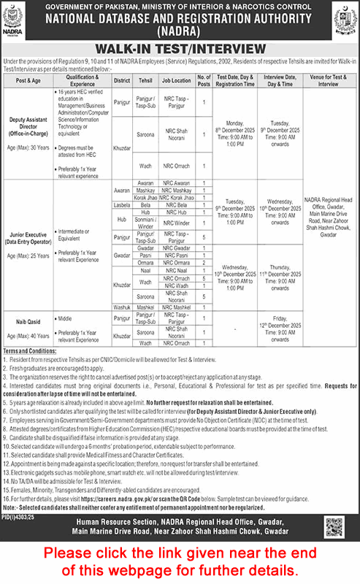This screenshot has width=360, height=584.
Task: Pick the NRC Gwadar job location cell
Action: [x=175, y=248]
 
